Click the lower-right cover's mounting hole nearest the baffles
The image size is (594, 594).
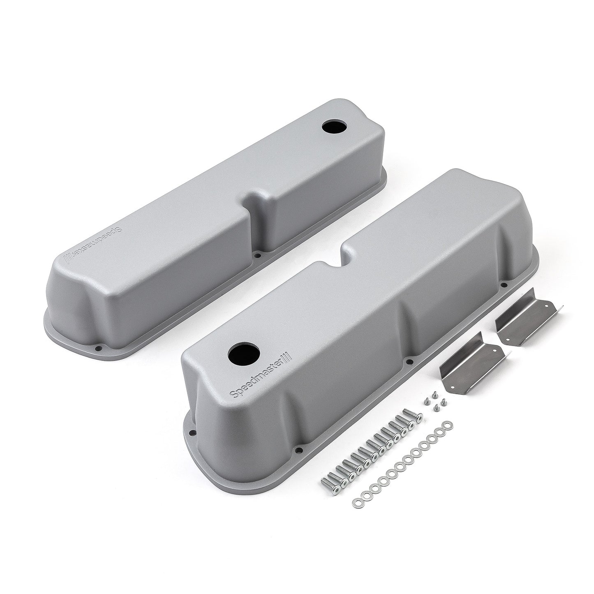pos(503,284)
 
